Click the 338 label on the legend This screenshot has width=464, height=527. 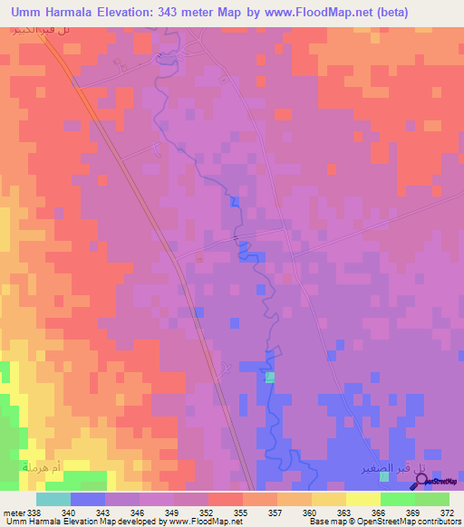[34, 512]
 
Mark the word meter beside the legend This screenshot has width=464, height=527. [14, 512]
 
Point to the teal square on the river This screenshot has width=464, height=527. [269, 377]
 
